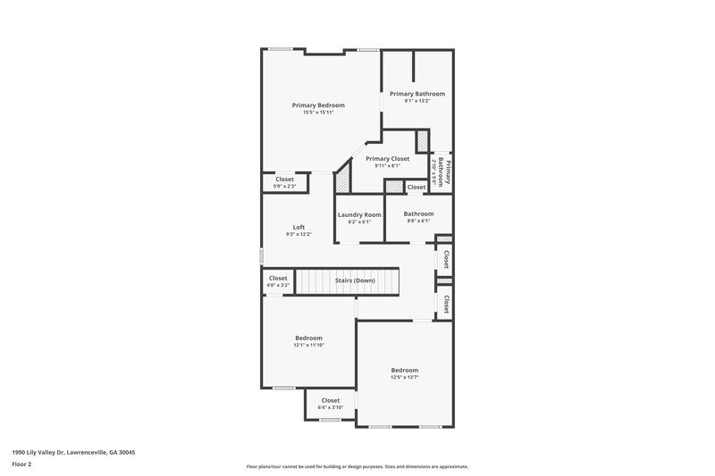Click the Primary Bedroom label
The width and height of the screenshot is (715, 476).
pos(318,105)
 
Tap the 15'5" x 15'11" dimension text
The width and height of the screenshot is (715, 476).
pos(318,113)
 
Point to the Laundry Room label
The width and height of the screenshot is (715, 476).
pos(359,214)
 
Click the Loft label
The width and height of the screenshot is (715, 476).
pos(299,227)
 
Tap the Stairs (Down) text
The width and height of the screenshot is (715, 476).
pos(355,280)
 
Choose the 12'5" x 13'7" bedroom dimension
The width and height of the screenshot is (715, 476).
pos(404,378)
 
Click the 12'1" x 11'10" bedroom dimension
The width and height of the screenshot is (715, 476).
pos(309,345)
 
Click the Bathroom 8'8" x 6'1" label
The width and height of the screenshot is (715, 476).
pos(418,217)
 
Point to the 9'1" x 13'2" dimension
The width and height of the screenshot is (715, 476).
pos(416,101)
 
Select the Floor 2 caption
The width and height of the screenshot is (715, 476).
pos(22,464)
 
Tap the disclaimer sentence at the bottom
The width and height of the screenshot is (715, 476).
pos(357,466)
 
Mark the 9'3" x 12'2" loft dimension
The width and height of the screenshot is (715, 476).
pos(299,234)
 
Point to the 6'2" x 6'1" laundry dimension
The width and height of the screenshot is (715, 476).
pos(359,221)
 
